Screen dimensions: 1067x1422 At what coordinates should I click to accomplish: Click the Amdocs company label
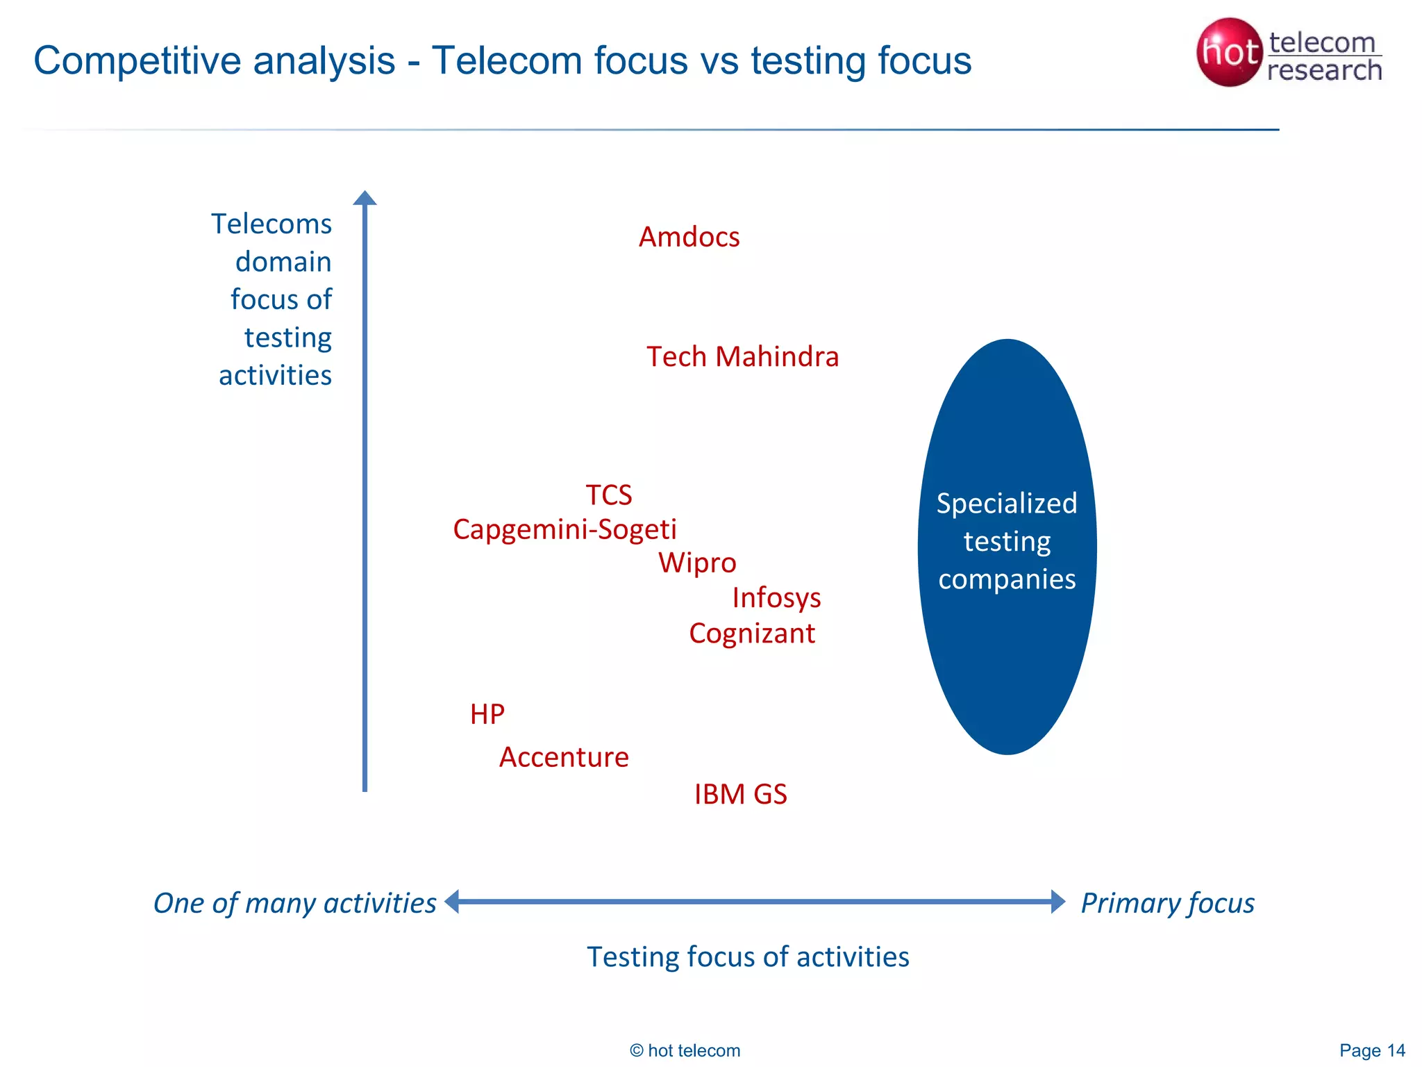point(689,238)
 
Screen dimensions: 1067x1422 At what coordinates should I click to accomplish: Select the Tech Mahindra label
point(742,357)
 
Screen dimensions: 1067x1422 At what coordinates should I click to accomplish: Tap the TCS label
point(608,495)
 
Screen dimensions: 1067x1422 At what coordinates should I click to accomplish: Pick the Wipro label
point(697,563)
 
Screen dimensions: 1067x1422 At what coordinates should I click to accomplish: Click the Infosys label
point(776,598)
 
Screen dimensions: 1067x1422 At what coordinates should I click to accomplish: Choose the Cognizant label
point(752,634)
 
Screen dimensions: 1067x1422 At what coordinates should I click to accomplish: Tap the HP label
point(487,714)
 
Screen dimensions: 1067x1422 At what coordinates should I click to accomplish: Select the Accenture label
point(564,757)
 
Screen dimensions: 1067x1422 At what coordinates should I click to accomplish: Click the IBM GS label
point(740,795)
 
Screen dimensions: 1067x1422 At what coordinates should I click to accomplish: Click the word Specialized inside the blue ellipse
point(1007,504)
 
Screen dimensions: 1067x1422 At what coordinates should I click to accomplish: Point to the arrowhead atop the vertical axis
point(365,198)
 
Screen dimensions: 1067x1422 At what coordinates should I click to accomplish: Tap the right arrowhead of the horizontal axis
point(1057,902)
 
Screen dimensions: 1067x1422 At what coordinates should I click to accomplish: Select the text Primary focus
point(1167,903)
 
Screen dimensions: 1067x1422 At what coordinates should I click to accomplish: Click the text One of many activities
point(295,903)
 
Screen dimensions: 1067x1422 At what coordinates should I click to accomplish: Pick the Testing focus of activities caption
point(748,957)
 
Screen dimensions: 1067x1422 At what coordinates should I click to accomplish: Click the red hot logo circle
point(1228,52)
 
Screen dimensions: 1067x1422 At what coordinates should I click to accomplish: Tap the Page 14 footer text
point(1372,1050)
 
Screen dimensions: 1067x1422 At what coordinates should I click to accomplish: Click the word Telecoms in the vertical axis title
point(271,224)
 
